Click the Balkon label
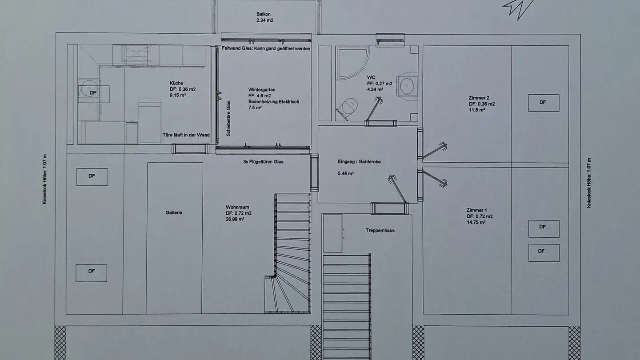pyautogui.click(x=264, y=14)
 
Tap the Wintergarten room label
pyautogui.click(x=259, y=90)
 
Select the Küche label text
pyautogui.click(x=176, y=83)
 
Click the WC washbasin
pyautogui.click(x=408, y=85)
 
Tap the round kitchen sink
pyautogui.click(x=87, y=88)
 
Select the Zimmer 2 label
pyautogui.click(x=478, y=98)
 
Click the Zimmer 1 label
pyautogui.click(x=476, y=210)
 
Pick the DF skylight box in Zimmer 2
pyautogui.click(x=543, y=103)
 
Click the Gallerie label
pyautogui.click(x=174, y=213)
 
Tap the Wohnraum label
pyautogui.click(x=237, y=207)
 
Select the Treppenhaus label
pyautogui.click(x=380, y=230)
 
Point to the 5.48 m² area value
pyautogui.click(x=346, y=173)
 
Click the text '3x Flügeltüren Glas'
pyautogui.click(x=263, y=162)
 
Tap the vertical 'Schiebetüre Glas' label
pyautogui.click(x=228, y=118)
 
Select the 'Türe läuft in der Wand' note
pyautogui.click(x=185, y=134)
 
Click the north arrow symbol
pyautogui.click(x=518, y=8)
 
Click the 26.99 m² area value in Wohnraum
pyautogui.click(x=235, y=220)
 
